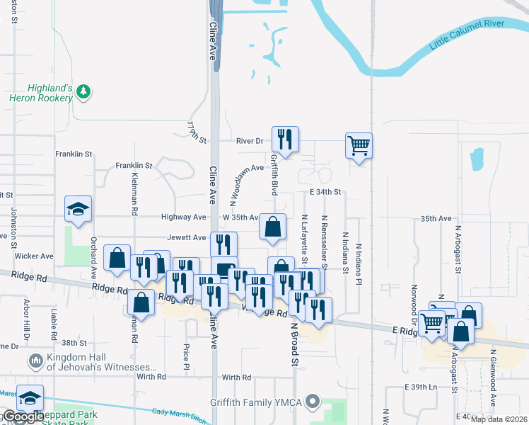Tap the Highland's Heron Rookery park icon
point(83,91)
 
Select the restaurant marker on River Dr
point(285,140)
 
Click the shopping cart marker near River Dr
point(359,146)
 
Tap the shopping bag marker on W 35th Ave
point(273,227)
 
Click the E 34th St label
point(325,192)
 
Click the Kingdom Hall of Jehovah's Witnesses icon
point(35,362)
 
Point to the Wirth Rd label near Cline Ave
point(236,378)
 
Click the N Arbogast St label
point(458,249)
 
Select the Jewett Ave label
point(187,238)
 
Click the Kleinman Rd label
point(134,193)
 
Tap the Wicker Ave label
point(36,256)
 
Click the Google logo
point(23,416)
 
